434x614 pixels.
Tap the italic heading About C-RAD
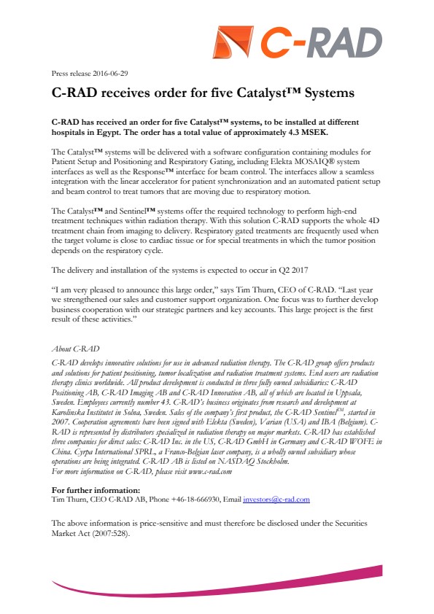pyautogui.click(x=77, y=349)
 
